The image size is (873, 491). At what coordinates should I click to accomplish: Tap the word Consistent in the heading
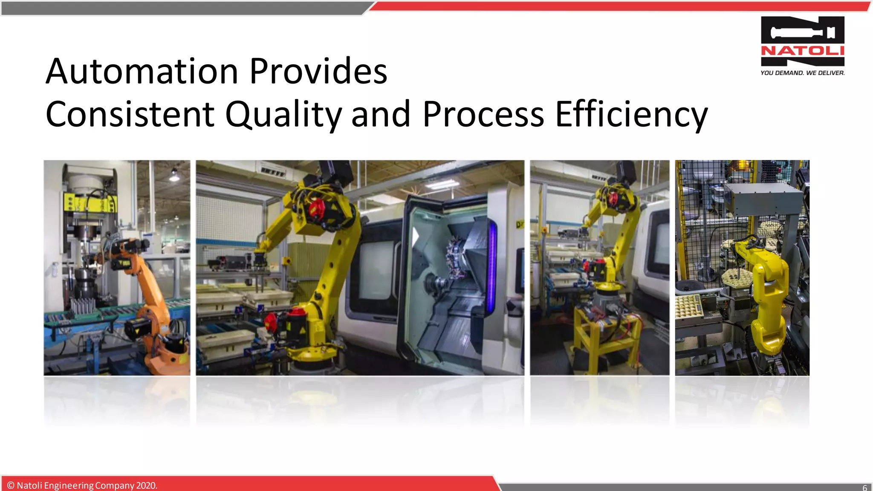coord(130,114)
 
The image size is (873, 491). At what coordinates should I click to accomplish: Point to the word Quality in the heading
coord(283,114)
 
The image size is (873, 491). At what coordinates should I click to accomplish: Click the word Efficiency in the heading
coord(631,114)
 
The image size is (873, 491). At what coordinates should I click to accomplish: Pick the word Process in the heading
coord(483,114)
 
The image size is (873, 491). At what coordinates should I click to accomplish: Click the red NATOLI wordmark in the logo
coord(802,51)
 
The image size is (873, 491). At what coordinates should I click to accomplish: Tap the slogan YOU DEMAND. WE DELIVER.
coord(802,73)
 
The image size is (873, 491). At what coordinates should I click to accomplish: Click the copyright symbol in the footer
coord(11,485)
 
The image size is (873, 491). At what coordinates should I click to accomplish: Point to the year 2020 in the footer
coord(146,485)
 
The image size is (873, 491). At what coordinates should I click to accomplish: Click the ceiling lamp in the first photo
coord(174,176)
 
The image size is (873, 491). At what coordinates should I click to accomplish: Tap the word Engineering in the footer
coord(69,485)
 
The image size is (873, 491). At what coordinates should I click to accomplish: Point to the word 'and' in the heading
coord(380,114)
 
